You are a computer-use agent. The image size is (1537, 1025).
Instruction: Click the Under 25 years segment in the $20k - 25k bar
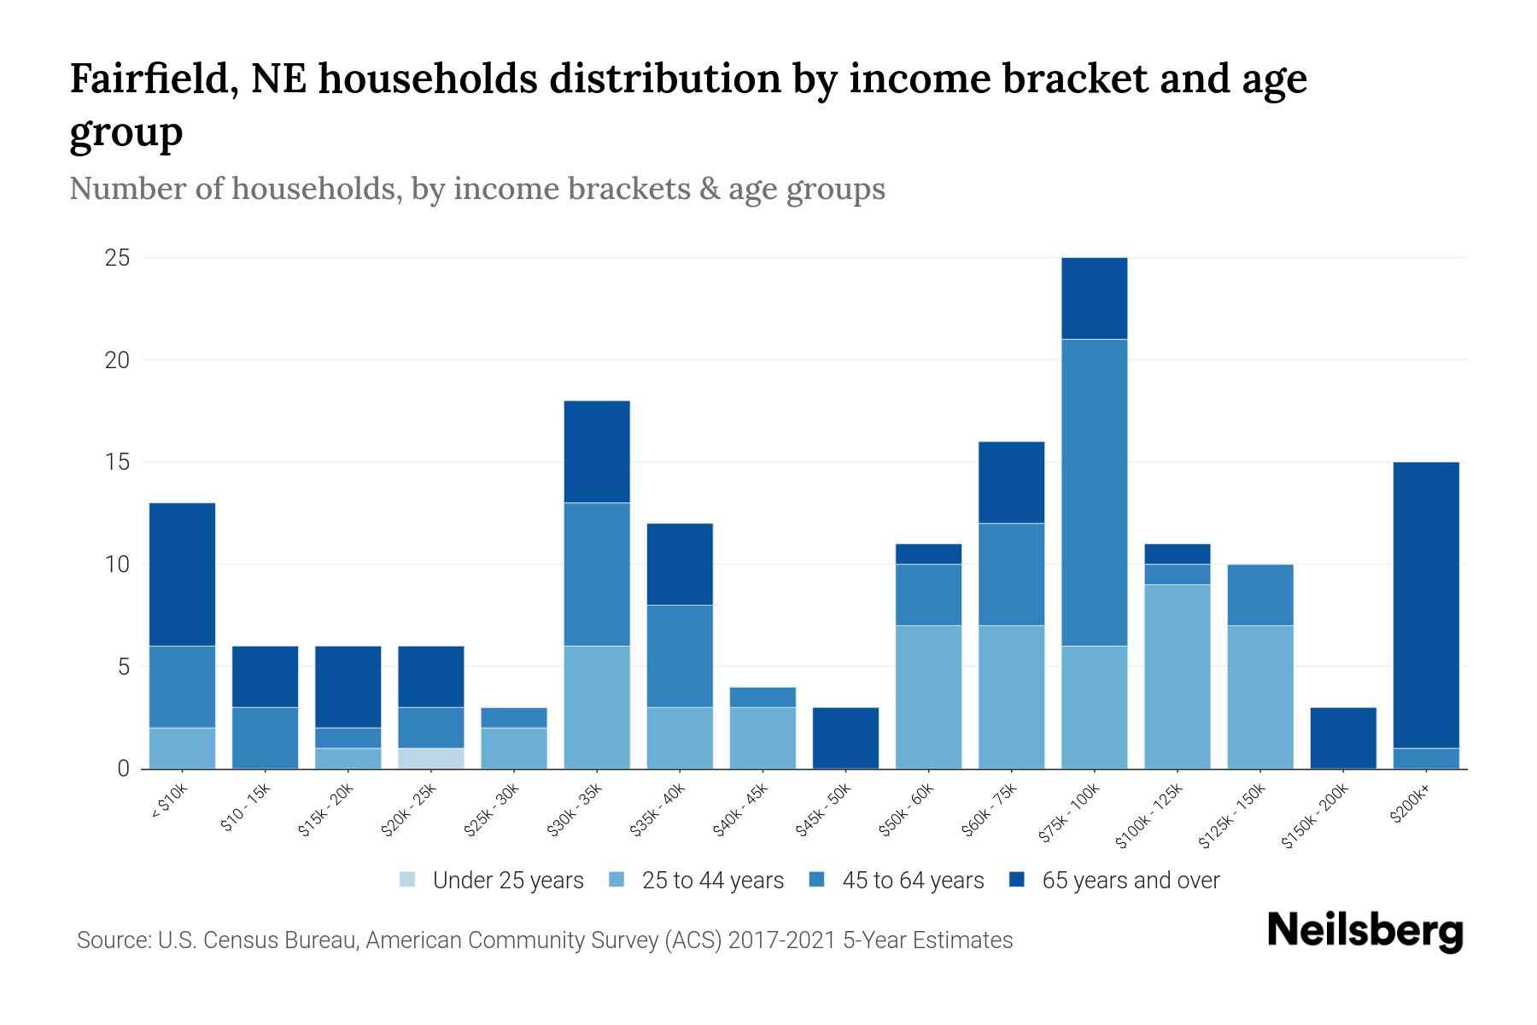pyautogui.click(x=431, y=758)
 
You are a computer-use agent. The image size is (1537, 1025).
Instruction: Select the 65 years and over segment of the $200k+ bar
pyautogui.click(x=1426, y=605)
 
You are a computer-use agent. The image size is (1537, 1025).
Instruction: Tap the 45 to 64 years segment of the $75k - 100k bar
pyautogui.click(x=1095, y=492)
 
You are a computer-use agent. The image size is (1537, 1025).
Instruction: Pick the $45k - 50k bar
pyautogui.click(x=845, y=738)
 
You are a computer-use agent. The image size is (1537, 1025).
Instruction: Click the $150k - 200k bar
pyautogui.click(x=1343, y=738)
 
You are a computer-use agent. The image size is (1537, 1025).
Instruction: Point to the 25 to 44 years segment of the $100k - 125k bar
pyautogui.click(x=1178, y=676)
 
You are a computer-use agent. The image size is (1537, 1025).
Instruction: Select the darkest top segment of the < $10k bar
pyautogui.click(x=182, y=574)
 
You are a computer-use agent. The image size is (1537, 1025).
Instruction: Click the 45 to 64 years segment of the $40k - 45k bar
pyautogui.click(x=763, y=697)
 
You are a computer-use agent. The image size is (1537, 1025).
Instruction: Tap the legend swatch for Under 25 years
pyautogui.click(x=408, y=880)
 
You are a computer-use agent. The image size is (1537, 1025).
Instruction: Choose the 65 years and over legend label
pyautogui.click(x=1131, y=881)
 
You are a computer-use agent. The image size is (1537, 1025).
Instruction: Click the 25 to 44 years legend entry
pyautogui.click(x=712, y=881)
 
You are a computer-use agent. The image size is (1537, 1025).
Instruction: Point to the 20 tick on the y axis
pyautogui.click(x=118, y=360)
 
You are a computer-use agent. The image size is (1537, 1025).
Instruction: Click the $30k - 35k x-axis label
pyautogui.click(x=575, y=809)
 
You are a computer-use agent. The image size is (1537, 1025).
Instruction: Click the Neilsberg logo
pyautogui.click(x=1365, y=930)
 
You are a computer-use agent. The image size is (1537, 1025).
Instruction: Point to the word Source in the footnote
pyautogui.click(x=112, y=940)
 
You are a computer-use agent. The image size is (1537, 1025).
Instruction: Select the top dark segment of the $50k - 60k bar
pyautogui.click(x=928, y=553)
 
